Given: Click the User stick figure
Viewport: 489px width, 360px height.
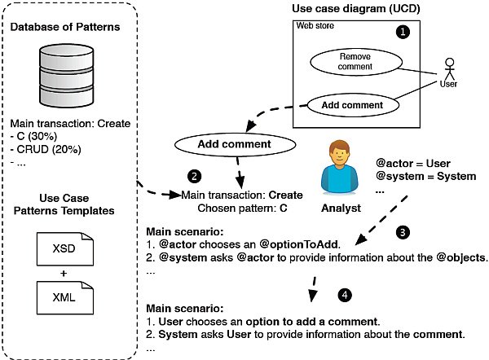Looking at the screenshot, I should coord(447,72).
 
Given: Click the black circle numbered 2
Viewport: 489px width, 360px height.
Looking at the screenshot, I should coord(193,174).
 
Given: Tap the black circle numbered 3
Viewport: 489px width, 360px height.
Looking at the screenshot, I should coord(401,232).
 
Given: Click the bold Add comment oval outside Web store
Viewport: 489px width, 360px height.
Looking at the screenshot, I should coord(235,144).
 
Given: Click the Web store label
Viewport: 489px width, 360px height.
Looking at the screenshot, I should coord(315,25).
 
